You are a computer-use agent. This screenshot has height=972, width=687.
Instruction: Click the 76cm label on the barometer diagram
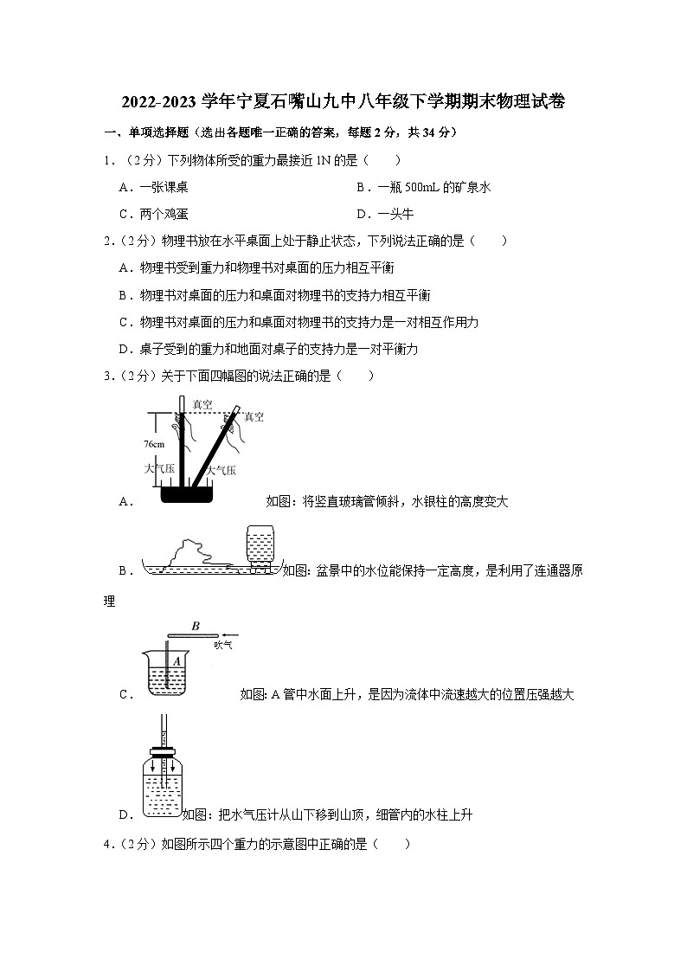click(154, 444)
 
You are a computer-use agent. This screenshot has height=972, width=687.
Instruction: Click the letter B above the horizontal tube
click(196, 625)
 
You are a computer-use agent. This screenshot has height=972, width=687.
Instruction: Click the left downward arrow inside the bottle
click(151, 767)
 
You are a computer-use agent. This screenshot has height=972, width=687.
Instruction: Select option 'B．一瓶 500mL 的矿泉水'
click(423, 187)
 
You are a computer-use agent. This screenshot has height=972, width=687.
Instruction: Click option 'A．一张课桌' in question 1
click(154, 187)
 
